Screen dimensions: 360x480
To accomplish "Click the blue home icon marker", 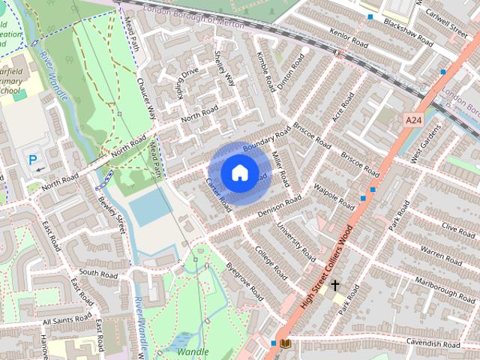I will tap(238, 172).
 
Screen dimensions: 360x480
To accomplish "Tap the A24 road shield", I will tap(413, 120).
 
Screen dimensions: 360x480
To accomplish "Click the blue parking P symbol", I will tap(33, 159).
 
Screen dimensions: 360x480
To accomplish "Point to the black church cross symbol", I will tap(334, 285).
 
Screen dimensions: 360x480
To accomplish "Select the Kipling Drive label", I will tap(187, 77).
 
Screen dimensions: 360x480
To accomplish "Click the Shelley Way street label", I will tap(224, 69).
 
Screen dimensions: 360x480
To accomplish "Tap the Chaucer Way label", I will tap(145, 97).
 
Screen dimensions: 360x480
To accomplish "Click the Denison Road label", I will tap(278, 205).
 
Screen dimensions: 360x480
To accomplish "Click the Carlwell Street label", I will tap(445, 22).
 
